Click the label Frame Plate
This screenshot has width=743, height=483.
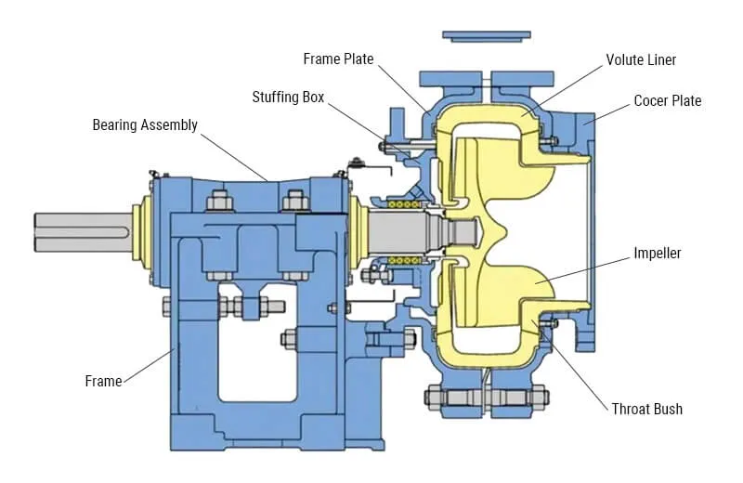click(x=338, y=59)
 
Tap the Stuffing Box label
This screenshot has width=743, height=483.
click(x=288, y=97)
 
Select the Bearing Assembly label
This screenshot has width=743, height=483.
click(x=145, y=124)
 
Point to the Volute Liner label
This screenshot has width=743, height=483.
click(x=641, y=60)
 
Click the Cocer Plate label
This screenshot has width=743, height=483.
click(x=668, y=100)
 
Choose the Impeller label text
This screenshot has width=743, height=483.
click(x=658, y=253)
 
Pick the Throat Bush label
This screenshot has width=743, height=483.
click(x=646, y=409)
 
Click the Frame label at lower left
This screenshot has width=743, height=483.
click(x=103, y=381)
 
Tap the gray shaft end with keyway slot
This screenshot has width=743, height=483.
click(x=84, y=231)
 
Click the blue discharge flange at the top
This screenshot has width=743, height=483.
click(x=486, y=36)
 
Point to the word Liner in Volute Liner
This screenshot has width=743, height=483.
click(x=662, y=60)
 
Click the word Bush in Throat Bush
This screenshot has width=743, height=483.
click(x=668, y=409)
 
